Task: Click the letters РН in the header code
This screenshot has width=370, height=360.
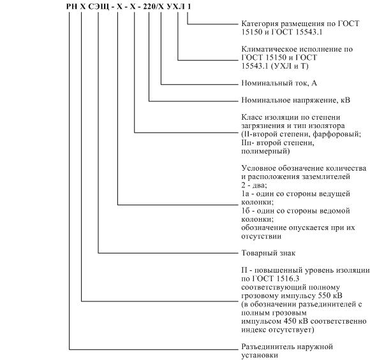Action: click(x=71, y=6)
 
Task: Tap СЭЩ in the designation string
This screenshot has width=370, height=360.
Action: click(x=99, y=6)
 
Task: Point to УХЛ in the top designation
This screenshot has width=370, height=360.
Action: click(x=176, y=6)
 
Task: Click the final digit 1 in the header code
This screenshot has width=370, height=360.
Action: click(x=189, y=6)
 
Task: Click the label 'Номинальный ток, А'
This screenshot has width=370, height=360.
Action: click(x=279, y=83)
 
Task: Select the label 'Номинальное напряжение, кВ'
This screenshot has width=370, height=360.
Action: click(x=295, y=100)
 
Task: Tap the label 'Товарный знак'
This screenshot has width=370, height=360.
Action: click(x=269, y=253)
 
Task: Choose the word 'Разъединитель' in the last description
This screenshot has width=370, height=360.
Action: click(x=267, y=347)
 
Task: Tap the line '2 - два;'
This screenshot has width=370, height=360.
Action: click(x=254, y=185)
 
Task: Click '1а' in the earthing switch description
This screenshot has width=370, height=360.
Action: click(x=245, y=194)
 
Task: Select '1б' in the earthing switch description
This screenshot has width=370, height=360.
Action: click(x=245, y=210)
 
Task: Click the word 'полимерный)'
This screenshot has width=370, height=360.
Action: click(x=265, y=151)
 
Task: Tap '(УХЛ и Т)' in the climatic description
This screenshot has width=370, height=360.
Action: click(x=290, y=66)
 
